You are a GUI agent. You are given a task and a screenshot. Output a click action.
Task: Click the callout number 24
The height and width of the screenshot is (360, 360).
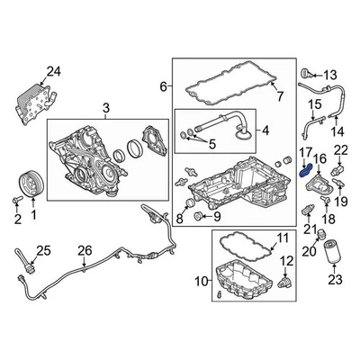53,71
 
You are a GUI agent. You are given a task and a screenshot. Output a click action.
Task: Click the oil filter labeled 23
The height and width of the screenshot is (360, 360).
335,256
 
